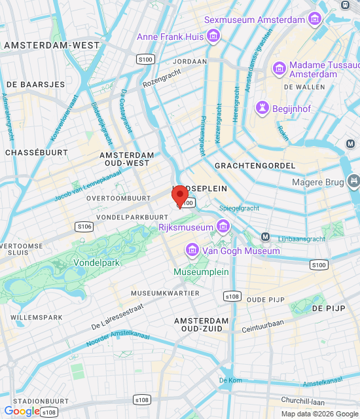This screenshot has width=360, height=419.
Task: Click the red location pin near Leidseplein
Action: pyautogui.click(x=179, y=196)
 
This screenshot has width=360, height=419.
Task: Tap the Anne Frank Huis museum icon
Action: pyautogui.click(x=213, y=37)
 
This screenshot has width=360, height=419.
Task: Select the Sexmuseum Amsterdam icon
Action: pyautogui.click(x=315, y=19)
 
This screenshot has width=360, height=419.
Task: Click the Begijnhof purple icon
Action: pyautogui.click(x=262, y=108)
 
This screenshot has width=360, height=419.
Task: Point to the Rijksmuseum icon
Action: pyautogui.click(x=223, y=227)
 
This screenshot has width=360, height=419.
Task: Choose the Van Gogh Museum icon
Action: pyautogui.click(x=192, y=250)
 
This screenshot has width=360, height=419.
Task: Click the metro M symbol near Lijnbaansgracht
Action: pyautogui.click(x=266, y=236)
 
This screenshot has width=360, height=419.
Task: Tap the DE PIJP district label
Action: pyautogui.click(x=328, y=308)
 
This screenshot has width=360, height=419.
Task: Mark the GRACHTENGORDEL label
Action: pyautogui.click(x=255, y=166)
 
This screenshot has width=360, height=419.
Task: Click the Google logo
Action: pyautogui.click(x=22, y=410)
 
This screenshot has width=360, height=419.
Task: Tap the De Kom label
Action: pyautogui.click(x=230, y=380)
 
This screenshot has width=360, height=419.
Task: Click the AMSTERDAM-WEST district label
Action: pyautogui.click(x=52, y=46)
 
